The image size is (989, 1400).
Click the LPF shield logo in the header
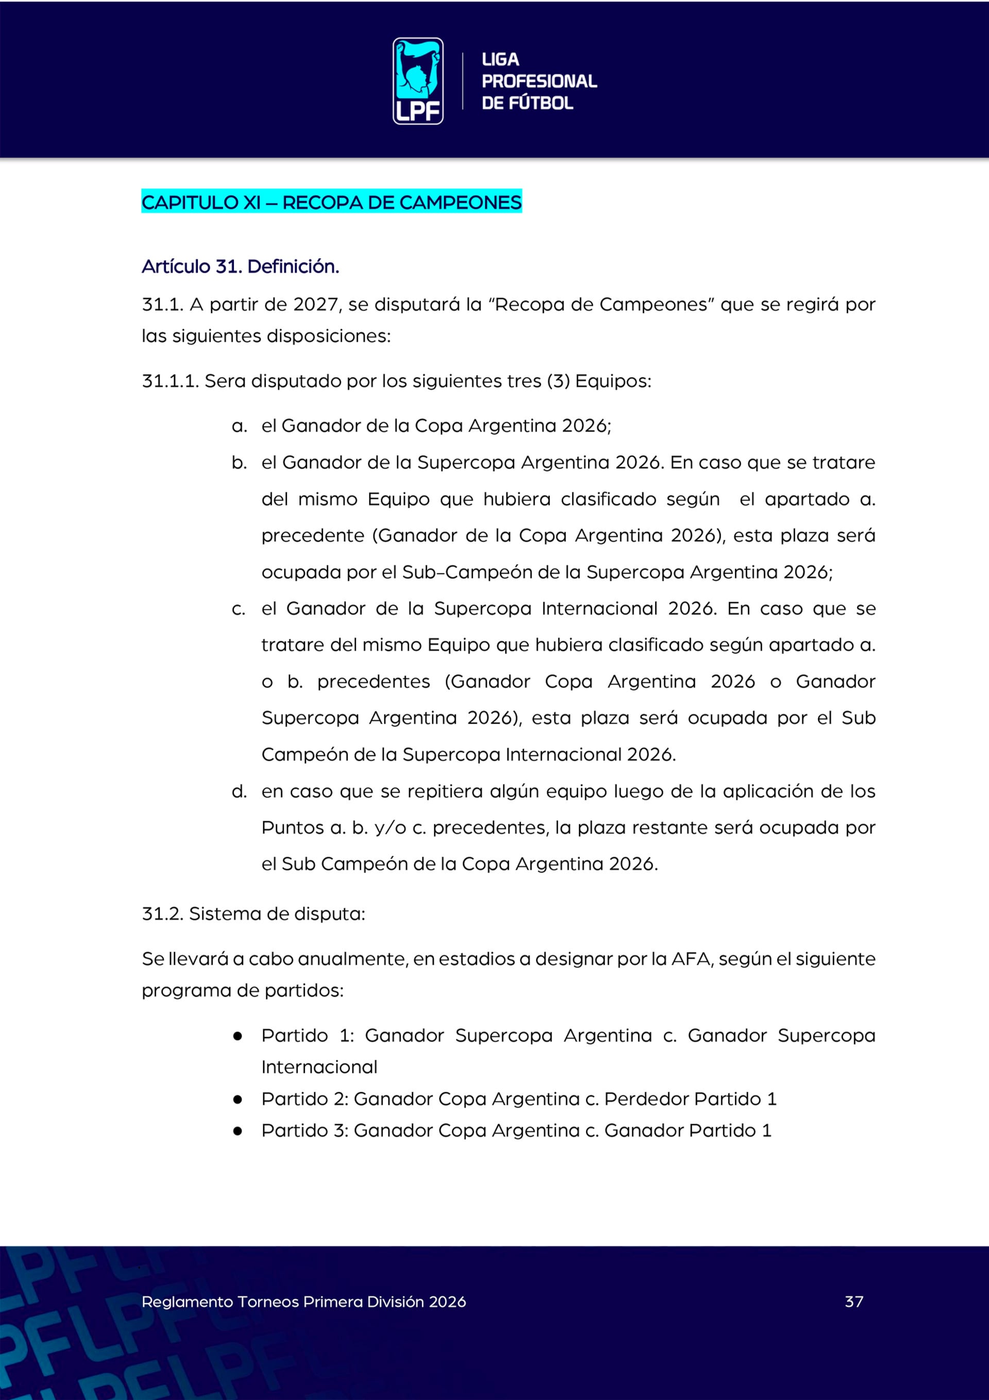[x=418, y=81]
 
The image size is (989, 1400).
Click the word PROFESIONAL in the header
[x=539, y=81]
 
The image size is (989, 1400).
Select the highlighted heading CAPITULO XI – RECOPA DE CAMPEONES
[x=331, y=202]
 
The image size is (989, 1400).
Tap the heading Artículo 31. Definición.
[x=240, y=266]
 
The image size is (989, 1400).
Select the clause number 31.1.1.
[x=170, y=381]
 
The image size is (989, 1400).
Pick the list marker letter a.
[x=239, y=426]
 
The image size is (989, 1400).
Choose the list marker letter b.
[x=239, y=463]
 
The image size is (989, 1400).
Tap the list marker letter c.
[x=238, y=609]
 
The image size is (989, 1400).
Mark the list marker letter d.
[x=239, y=791]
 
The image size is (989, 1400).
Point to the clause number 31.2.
[x=162, y=914]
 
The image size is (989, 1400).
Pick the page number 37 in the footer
[x=854, y=1302]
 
